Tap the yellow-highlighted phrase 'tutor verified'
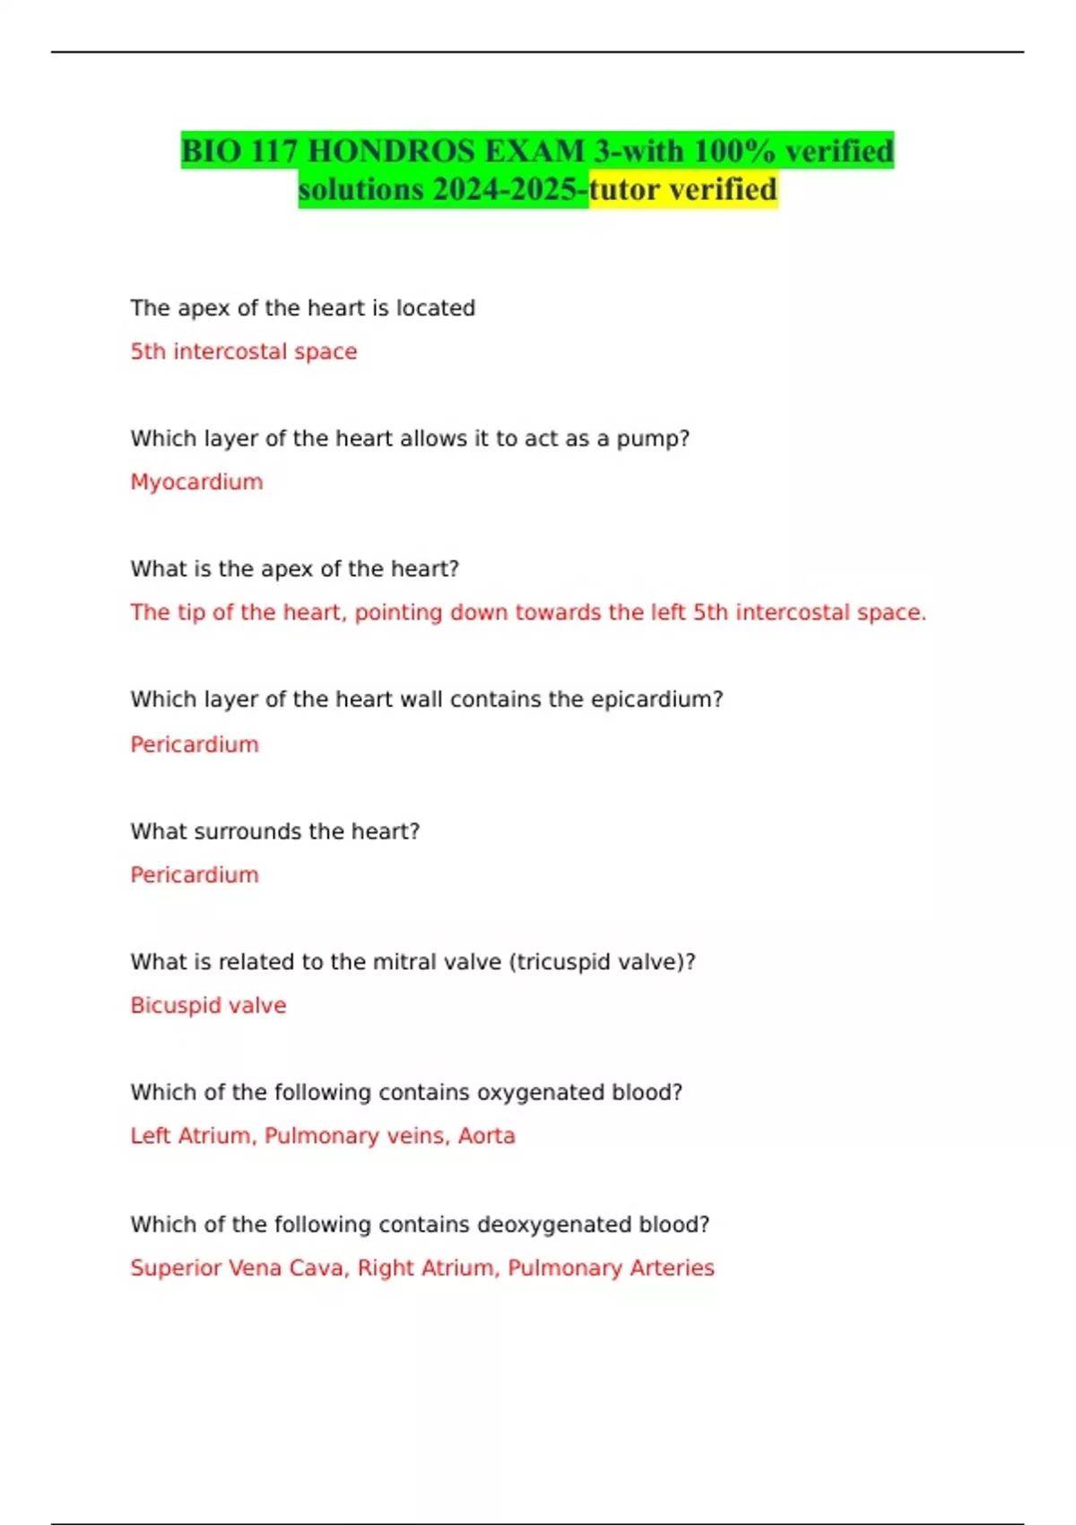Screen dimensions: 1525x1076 coord(683,189)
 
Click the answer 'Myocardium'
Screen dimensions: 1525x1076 coord(196,482)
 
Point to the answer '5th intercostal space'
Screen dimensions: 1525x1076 coord(243,352)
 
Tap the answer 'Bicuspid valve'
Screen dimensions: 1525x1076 coord(208,1005)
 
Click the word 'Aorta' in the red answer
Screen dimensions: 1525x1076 coord(487,1136)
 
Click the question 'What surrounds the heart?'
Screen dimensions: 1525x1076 coord(274,832)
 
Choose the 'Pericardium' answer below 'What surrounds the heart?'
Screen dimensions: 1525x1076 coord(195,875)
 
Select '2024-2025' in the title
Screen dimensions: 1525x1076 coord(507,189)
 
